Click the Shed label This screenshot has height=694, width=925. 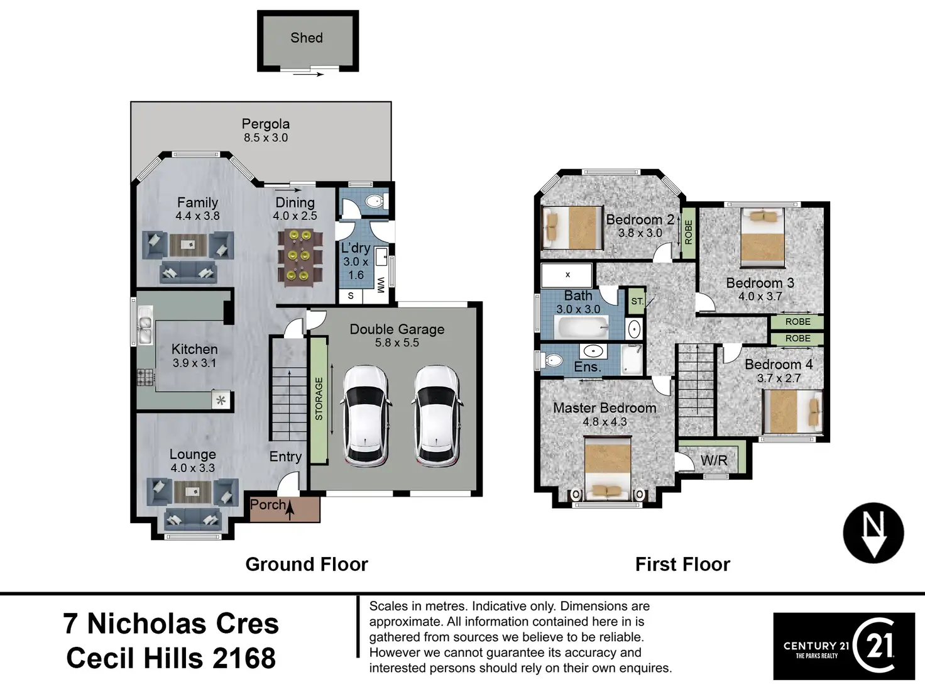(x=307, y=38)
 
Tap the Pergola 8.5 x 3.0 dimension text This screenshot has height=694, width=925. (x=265, y=138)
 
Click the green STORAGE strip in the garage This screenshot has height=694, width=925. (x=319, y=400)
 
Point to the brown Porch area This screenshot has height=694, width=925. (x=285, y=509)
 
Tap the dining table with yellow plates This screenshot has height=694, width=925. (x=300, y=258)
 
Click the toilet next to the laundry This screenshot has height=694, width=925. (x=376, y=201)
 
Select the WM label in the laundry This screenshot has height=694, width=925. (x=381, y=285)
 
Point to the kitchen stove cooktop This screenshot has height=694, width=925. (x=145, y=378)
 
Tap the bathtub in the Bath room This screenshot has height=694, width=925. (x=583, y=327)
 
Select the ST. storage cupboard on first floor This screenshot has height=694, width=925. (x=637, y=301)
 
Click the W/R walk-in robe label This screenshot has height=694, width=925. (x=714, y=461)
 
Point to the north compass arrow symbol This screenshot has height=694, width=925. (x=873, y=533)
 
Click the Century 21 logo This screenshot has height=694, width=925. (x=844, y=646)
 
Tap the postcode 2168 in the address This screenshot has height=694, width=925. (x=244, y=658)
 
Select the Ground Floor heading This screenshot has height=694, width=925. (x=307, y=565)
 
